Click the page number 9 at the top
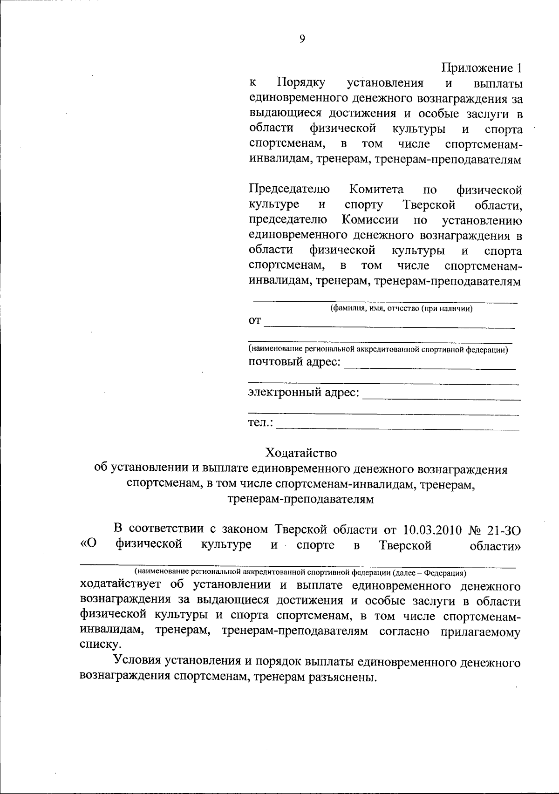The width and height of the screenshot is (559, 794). point(302,40)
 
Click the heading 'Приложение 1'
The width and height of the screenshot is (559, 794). point(481,68)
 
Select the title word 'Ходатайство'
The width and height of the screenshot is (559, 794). point(300,453)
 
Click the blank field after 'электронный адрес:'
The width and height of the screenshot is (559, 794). point(442,396)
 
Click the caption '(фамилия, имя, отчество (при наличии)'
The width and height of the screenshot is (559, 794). point(401,308)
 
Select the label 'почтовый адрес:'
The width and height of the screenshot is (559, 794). point(294,362)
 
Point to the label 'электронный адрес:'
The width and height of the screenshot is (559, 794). point(304,393)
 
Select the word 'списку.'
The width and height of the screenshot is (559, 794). point(96,645)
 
